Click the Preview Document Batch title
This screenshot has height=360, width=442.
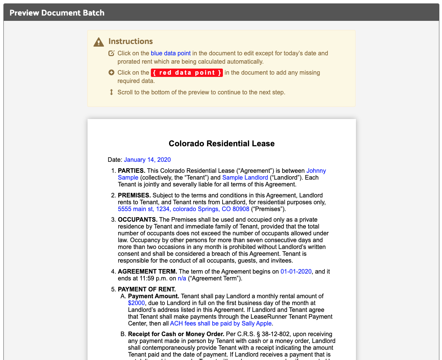click(57, 13)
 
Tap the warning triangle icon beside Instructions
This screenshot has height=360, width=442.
click(99, 42)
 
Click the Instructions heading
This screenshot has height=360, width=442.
click(130, 41)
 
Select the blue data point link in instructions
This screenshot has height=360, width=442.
click(171, 53)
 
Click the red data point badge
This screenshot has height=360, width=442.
click(187, 73)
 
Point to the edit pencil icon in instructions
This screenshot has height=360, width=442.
click(111, 53)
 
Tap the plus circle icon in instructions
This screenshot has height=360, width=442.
click(111, 72)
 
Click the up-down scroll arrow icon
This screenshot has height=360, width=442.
click(111, 92)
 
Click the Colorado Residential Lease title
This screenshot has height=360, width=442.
click(221, 144)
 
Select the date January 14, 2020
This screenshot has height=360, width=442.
click(147, 160)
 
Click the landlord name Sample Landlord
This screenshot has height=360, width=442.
click(245, 178)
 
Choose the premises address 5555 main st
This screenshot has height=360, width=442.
click(183, 209)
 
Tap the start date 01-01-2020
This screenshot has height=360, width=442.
click(296, 272)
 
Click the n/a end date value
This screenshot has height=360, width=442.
click(182, 279)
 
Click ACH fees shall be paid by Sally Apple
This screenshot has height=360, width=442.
click(221, 324)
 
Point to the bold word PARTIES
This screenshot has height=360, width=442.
click(132, 171)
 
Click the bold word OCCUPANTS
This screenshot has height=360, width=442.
click(138, 220)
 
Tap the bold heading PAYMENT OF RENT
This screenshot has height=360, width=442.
click(147, 290)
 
